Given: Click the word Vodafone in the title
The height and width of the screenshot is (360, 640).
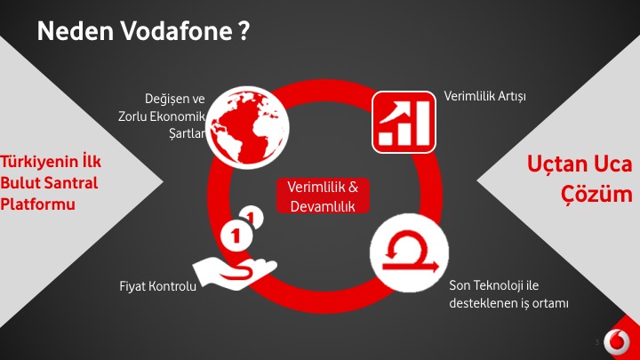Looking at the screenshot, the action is (x=176, y=31).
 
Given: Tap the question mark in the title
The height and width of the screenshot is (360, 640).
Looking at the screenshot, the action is (x=244, y=31).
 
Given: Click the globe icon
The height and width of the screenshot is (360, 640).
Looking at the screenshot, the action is (x=247, y=127).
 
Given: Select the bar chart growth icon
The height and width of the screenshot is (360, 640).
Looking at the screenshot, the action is (x=404, y=122).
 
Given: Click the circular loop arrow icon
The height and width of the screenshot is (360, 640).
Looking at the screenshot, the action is (x=410, y=252).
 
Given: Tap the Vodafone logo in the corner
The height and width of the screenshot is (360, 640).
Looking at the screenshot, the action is (x=617, y=340).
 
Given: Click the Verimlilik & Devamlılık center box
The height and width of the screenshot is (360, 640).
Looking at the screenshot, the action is (x=323, y=196).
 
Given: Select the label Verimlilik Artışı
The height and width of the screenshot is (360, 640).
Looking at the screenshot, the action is (x=485, y=96).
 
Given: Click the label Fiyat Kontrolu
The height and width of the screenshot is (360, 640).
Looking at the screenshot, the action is (x=157, y=285).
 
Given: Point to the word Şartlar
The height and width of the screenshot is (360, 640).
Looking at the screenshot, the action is (x=187, y=133).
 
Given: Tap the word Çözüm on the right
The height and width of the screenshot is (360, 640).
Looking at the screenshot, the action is (x=596, y=194).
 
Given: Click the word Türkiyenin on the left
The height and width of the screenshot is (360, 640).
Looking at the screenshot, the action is (x=39, y=162).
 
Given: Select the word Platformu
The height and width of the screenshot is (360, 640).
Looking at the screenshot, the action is (x=37, y=204).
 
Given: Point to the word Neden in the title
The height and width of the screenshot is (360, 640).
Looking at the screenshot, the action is (x=75, y=31).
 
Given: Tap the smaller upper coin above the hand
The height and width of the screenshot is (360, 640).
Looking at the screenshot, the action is (x=252, y=217).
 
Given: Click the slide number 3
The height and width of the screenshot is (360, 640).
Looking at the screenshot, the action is (x=597, y=342).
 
